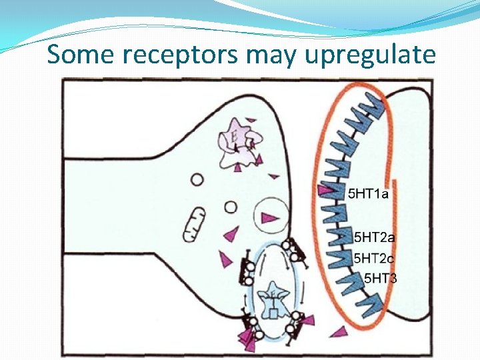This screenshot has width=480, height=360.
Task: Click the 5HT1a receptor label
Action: (368, 195)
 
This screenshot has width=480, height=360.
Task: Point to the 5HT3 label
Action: (380, 277)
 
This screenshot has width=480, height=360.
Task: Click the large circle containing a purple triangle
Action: (271, 216)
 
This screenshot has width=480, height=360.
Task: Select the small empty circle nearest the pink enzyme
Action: (197, 179)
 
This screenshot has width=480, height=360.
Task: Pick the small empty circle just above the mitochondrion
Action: (230, 207)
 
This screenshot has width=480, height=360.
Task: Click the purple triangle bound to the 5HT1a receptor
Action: (327, 191)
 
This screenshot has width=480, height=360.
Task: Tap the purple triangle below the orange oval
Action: (341, 331)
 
